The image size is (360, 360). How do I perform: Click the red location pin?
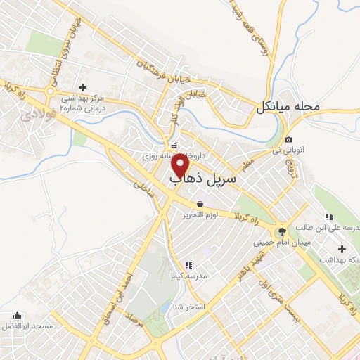tap(181, 166)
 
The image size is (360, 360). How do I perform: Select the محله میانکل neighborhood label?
tap(288, 108)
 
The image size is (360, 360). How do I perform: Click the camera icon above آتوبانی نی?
tap(289, 140)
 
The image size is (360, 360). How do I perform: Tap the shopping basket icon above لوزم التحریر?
tap(201, 204)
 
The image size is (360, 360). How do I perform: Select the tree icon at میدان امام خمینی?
tap(282, 231)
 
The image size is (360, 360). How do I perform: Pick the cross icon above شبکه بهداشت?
tap(342, 249)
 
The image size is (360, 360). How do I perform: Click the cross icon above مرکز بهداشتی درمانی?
tap(82, 86)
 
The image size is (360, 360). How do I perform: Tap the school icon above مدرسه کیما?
tap(188, 265)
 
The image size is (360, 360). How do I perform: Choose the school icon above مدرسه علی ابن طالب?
tap(328, 217)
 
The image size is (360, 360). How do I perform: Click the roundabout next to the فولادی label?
tap(50, 91)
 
